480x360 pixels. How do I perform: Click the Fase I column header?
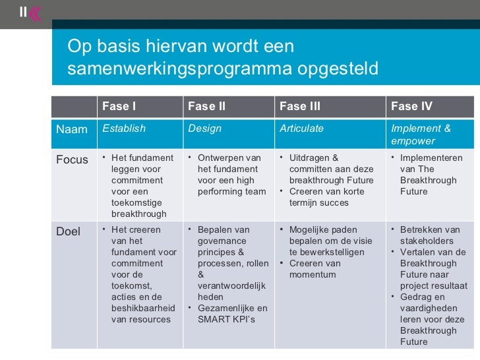[119, 106]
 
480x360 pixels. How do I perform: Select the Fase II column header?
[206, 106]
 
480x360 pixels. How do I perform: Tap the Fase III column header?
[300, 106]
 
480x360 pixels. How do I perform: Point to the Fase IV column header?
[411, 106]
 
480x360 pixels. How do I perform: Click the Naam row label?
[72, 129]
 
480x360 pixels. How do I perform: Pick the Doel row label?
[69, 231]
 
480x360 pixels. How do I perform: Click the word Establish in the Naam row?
[124, 129]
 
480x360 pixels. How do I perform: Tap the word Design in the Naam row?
[205, 129]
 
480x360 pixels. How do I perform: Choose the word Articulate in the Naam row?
[301, 129]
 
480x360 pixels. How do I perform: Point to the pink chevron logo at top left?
[34, 13]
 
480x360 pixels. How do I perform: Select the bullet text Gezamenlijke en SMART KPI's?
[231, 314]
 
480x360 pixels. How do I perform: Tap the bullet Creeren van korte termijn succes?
[328, 197]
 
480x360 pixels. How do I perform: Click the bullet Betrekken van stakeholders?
[429, 235]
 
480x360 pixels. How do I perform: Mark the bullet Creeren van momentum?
[315, 269]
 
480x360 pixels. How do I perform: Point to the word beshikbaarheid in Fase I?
[143, 308]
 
